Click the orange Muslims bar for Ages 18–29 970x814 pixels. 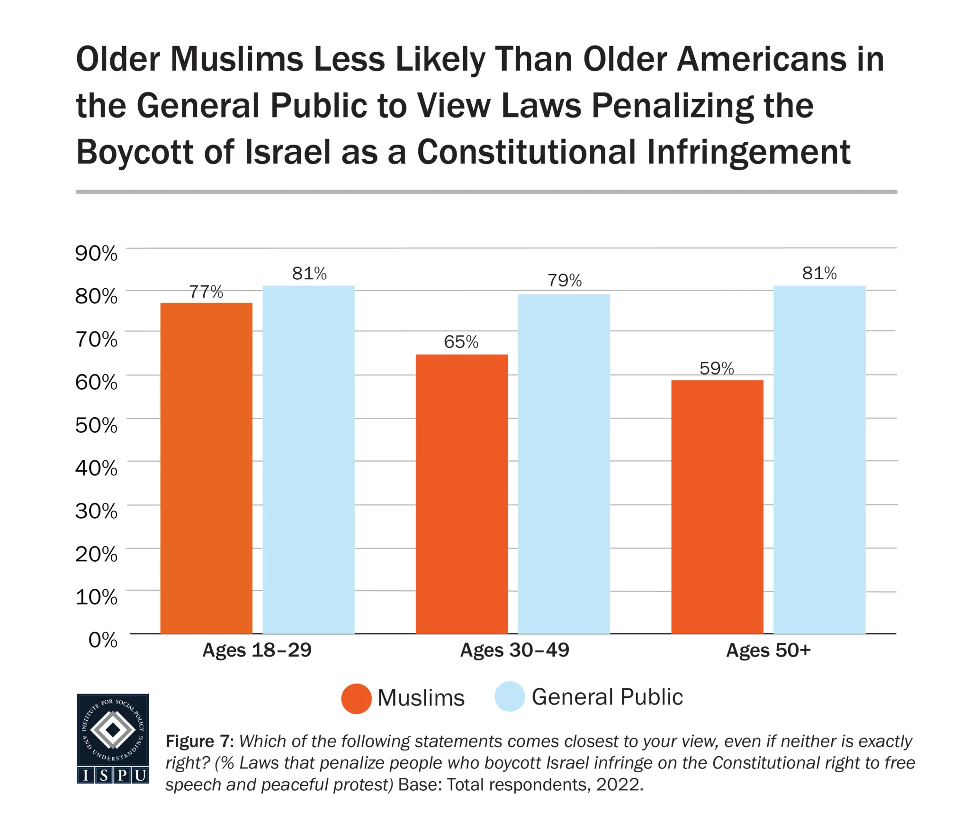pos(206,468)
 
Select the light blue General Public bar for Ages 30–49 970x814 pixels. pos(564,464)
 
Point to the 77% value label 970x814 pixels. pos(206,292)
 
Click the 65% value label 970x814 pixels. pos(461,342)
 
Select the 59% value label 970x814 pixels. pos(717,368)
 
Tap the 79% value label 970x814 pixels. pos(564,280)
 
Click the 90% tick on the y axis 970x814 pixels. pos(96,253)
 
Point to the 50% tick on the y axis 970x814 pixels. pos(96,425)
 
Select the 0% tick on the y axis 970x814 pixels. pos(103,640)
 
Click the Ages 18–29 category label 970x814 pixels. pos(257,650)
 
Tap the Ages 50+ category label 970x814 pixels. pos(768,650)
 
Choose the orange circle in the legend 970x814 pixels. pos(356,698)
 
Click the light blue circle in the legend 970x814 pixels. pos(510,696)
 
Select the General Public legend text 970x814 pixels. pos(607,697)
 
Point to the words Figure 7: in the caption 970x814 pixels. pos(199,741)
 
